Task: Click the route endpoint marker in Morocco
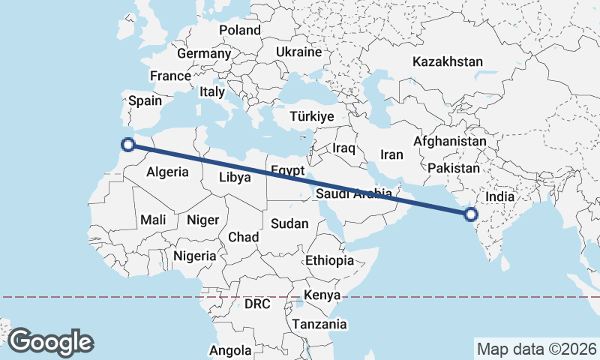click(x=128, y=145)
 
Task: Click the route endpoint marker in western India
click(x=470, y=214)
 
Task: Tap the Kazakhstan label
click(x=447, y=61)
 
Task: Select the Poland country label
click(x=239, y=30)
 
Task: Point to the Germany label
click(x=203, y=54)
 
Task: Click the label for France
click(x=170, y=76)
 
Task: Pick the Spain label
click(x=145, y=100)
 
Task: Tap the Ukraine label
click(x=298, y=52)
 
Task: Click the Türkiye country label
click(x=312, y=117)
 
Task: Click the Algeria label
click(x=167, y=172)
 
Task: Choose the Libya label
click(x=235, y=178)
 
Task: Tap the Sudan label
click(x=289, y=223)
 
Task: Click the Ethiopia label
click(x=329, y=260)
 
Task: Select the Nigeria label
click(x=195, y=256)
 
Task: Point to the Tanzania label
click(x=320, y=325)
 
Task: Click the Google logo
click(x=50, y=342)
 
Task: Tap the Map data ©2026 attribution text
click(x=536, y=349)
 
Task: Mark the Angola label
click(x=230, y=350)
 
